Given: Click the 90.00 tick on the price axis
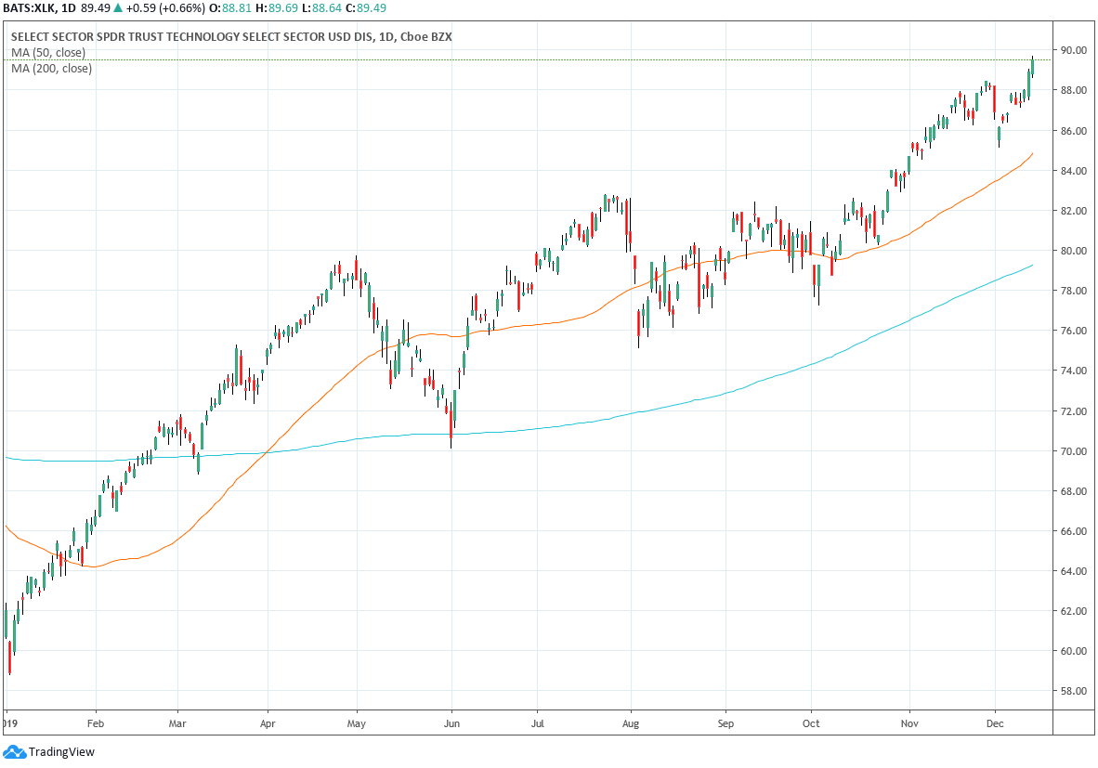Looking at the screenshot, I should tap(1075, 50).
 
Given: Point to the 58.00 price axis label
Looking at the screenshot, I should tap(1075, 691).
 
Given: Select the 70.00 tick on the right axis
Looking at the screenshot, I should tap(1075, 451).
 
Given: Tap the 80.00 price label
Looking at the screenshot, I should tap(1075, 251).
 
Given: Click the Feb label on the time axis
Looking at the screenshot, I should tap(95, 721).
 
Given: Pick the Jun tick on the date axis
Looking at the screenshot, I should tap(451, 721).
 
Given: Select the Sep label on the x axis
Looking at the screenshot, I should tap(726, 721).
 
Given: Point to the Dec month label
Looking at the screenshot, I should tap(994, 721).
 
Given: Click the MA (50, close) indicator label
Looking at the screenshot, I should tap(48, 53).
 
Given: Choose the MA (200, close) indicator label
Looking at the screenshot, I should tap(51, 69).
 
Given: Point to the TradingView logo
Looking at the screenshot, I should tap(51, 752).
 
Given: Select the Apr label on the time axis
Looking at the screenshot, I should tap(268, 721).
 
